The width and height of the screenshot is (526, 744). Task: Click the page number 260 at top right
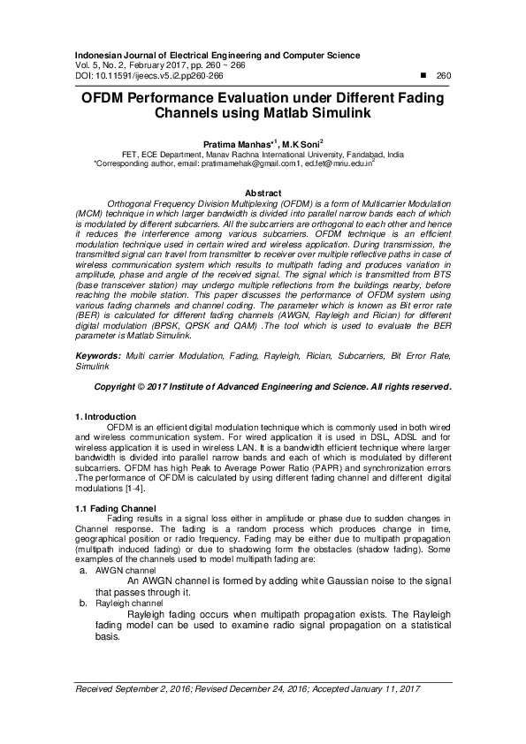coord(443,76)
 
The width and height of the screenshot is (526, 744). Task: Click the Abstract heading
coord(263,193)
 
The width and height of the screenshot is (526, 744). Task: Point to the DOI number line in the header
coord(149,76)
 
